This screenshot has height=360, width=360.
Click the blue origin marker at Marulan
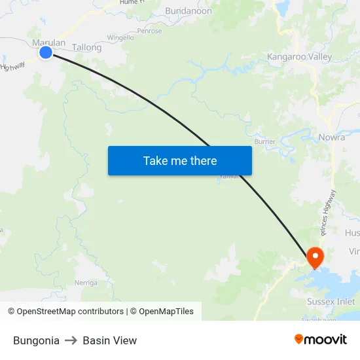click(x=46, y=52)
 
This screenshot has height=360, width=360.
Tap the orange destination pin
click(x=315, y=257)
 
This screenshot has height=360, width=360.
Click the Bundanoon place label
click(x=189, y=11)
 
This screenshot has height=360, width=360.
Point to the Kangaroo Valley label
click(x=299, y=57)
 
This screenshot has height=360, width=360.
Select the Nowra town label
click(x=332, y=137)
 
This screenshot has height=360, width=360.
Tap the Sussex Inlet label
click(x=331, y=302)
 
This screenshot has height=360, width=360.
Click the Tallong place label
click(x=87, y=48)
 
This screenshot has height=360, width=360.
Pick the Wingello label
click(x=120, y=38)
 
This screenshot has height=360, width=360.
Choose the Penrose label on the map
click(x=149, y=31)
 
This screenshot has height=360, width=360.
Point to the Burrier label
click(x=265, y=141)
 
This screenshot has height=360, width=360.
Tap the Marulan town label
click(x=49, y=43)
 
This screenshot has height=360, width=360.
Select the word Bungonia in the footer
click(x=36, y=340)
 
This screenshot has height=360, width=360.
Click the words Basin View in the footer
click(x=110, y=340)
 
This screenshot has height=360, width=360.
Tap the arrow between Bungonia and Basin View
click(x=71, y=340)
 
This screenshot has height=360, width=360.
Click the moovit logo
click(x=321, y=340)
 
